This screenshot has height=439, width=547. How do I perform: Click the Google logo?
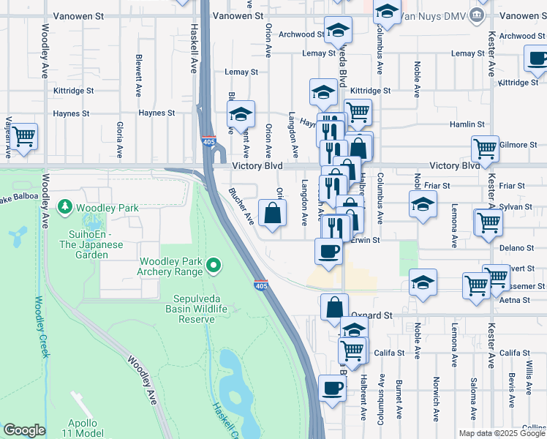tap(24, 430)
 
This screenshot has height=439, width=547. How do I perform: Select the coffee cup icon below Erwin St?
tap(328, 251)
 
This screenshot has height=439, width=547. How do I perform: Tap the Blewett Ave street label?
tap(138, 75)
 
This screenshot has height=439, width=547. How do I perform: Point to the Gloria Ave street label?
tap(119, 140)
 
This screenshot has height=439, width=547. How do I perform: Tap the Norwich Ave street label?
tap(436, 399)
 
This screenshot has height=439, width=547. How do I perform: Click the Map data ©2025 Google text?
tap(502, 433)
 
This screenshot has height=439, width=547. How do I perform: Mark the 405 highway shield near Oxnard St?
tap(260, 285)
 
